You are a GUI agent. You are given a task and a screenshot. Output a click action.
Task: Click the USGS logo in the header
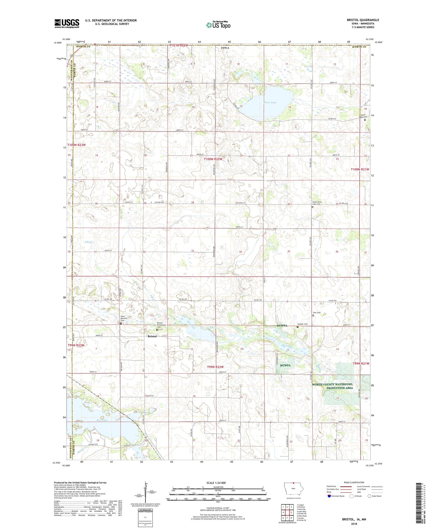point(67,23)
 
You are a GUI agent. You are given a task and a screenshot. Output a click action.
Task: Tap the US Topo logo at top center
point(218,25)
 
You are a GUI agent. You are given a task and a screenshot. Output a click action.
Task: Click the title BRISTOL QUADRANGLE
point(363,20)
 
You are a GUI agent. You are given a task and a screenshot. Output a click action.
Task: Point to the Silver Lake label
point(270,103)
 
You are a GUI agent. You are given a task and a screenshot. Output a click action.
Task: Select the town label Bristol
point(152,336)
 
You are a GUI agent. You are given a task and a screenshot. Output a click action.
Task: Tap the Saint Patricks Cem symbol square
point(121,323)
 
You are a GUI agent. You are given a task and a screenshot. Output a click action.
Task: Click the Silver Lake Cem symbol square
point(365,120)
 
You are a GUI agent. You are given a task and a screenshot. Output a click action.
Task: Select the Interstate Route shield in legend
point(329,496)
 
